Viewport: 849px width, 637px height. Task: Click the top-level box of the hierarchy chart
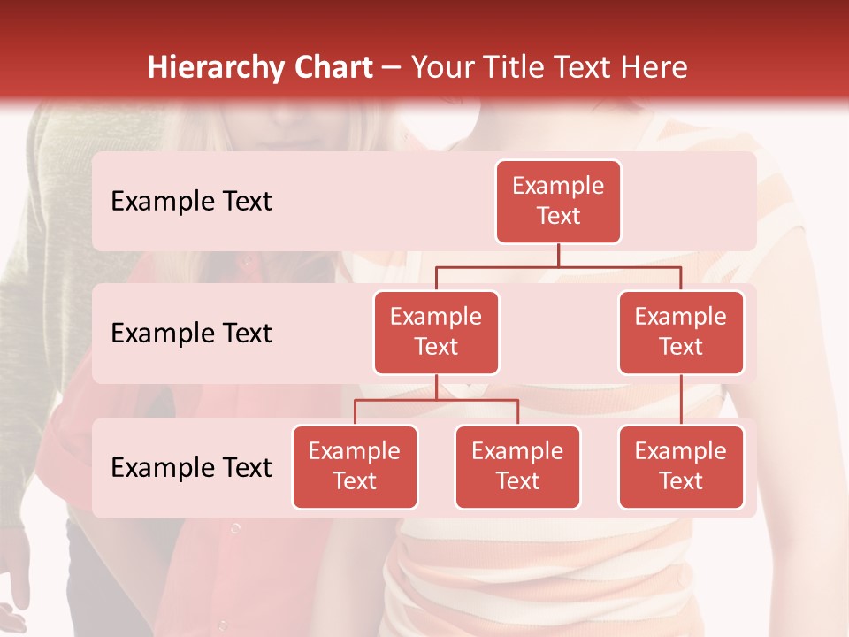click(x=558, y=201)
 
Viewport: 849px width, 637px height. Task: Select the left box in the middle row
click(x=436, y=332)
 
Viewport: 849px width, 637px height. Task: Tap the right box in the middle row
click(x=681, y=332)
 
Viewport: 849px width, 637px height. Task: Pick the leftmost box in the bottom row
click(x=355, y=466)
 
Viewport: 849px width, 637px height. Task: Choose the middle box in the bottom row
click(x=517, y=466)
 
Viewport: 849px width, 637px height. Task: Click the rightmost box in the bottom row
click(x=681, y=466)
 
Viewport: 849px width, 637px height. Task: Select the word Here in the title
click(x=654, y=68)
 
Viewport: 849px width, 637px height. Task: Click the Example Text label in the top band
click(x=191, y=202)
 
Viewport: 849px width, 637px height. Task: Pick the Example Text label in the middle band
click(x=191, y=334)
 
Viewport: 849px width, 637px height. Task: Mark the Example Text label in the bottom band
click(x=191, y=468)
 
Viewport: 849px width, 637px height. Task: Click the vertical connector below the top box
click(x=558, y=255)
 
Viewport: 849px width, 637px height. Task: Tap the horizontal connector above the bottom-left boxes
click(x=436, y=400)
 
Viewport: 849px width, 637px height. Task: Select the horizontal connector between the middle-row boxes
click(x=558, y=266)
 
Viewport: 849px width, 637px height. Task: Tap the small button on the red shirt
click(x=235, y=529)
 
